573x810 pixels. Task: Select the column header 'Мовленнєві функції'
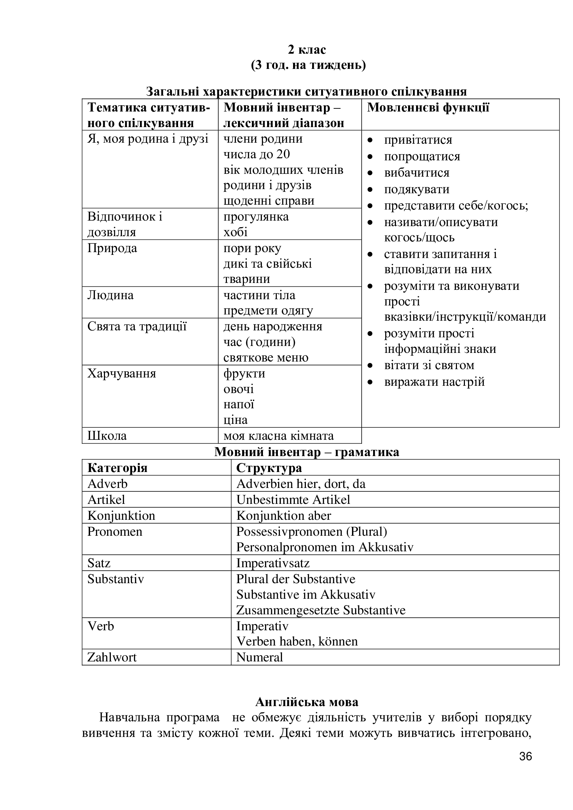point(428,108)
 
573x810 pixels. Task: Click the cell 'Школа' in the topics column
point(107,436)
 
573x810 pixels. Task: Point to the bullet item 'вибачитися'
point(417,173)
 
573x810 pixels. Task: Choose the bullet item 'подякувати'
point(417,189)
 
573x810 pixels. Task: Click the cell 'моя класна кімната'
point(279,436)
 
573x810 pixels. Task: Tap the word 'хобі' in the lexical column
point(235,232)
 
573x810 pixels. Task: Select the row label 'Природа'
point(112,248)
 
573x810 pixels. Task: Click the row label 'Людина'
point(111,295)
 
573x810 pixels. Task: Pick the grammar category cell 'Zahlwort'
point(112,657)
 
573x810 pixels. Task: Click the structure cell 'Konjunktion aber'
point(284,516)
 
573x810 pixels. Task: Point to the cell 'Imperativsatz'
point(273,563)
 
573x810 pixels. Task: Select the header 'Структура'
point(269,468)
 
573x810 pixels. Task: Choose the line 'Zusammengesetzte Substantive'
point(321,610)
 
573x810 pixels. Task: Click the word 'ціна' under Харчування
point(235,420)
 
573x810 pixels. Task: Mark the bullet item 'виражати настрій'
point(434,382)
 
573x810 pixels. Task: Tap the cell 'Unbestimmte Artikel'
point(293,500)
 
